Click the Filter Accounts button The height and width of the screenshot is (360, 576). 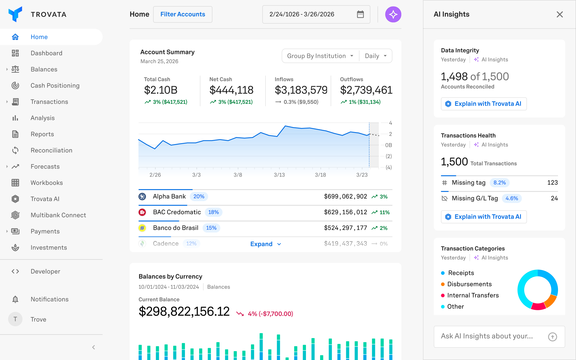[x=183, y=14]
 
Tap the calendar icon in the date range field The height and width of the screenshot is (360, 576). [x=360, y=14]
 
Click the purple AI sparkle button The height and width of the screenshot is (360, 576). [x=393, y=14]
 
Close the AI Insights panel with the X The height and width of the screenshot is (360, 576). [x=560, y=14]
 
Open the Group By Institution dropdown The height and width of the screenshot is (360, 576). [x=320, y=56]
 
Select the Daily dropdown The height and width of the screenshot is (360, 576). [x=376, y=56]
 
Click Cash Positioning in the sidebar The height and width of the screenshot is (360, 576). [x=55, y=86]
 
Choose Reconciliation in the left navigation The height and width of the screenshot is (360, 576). [x=51, y=150]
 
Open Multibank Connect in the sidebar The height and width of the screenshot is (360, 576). [x=58, y=215]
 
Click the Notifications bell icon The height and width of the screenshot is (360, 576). [x=15, y=299]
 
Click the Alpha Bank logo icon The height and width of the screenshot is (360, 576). [x=142, y=197]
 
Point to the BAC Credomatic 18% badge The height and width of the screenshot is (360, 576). [x=214, y=212]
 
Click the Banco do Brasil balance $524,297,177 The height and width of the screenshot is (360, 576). [x=345, y=228]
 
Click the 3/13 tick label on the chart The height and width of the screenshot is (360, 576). [x=279, y=175]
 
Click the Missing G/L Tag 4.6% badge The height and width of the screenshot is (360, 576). [x=511, y=199]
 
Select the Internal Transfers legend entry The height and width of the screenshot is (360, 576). [x=473, y=295]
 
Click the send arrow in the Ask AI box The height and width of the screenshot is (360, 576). [x=552, y=337]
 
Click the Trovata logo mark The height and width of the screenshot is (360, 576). [x=15, y=14]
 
